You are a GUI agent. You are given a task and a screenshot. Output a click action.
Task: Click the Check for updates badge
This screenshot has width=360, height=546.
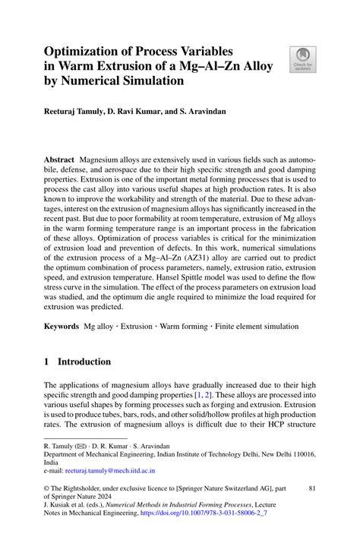302,59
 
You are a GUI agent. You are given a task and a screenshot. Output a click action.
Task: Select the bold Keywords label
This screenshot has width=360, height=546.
62,327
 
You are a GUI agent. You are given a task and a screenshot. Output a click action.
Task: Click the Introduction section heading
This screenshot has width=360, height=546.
85,362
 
